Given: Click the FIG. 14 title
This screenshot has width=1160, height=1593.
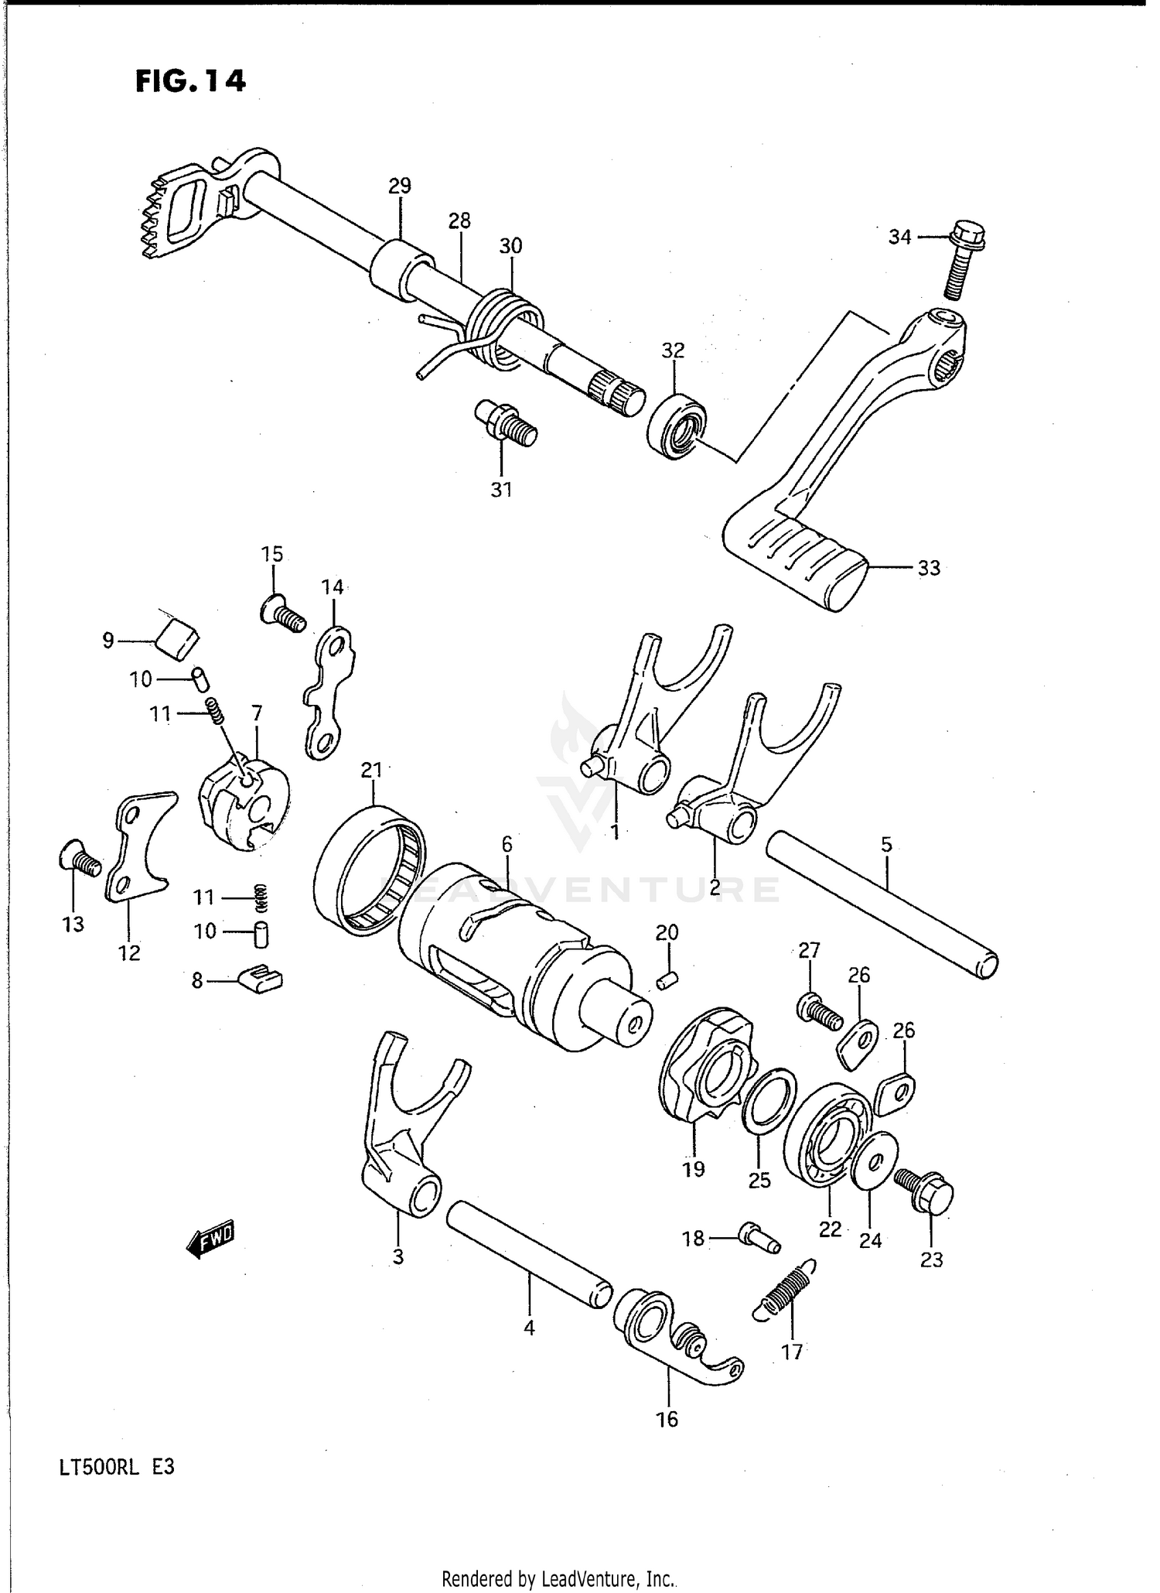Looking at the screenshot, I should click(190, 81).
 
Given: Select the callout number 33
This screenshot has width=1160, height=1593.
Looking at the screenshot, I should click(928, 568).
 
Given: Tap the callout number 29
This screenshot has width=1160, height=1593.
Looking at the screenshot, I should click(400, 186).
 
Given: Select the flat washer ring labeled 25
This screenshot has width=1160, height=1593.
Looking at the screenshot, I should click(769, 1101).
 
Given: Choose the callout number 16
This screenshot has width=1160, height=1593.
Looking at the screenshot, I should click(667, 1419).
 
